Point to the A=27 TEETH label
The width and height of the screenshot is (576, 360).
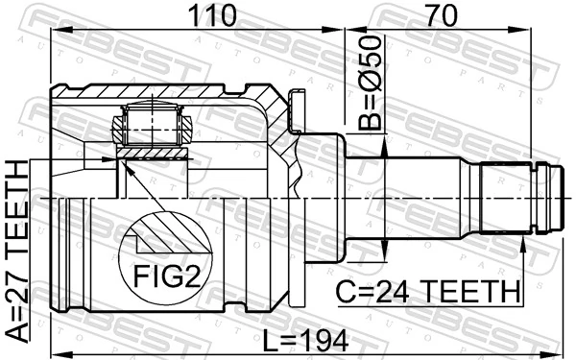coord(18,252)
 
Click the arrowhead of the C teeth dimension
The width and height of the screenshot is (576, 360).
coord(525,244)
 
